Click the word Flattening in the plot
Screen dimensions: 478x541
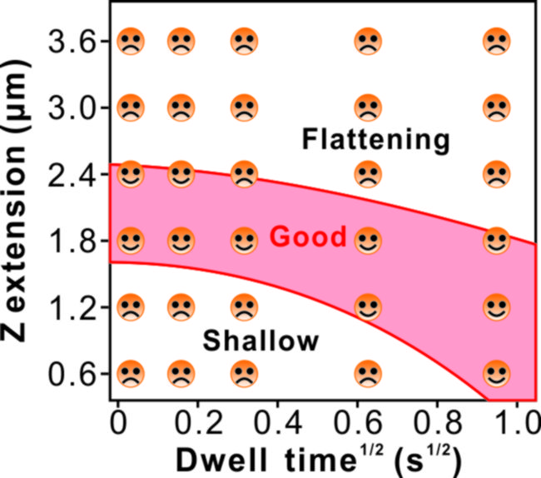coord(375,139)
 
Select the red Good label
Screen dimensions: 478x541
coord(308,237)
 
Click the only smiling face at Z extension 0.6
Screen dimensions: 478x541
coord(496,372)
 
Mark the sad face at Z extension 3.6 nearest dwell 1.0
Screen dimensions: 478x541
coord(496,40)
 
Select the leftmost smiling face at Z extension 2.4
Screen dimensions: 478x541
coord(130,174)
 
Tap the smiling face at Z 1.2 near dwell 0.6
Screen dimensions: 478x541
coord(366,307)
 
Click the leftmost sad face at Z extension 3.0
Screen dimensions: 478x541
coord(130,107)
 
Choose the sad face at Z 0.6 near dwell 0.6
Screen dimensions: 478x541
coord(366,373)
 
